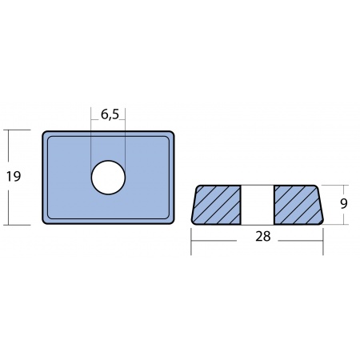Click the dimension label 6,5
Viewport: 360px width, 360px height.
[110, 114]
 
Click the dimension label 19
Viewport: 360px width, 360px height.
[14, 177]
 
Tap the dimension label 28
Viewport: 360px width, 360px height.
[263, 236]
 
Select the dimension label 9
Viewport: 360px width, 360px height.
[344, 204]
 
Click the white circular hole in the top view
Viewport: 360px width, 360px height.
[108, 178]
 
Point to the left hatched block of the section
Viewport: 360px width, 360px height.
[216, 205]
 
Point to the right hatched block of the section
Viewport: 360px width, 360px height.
[298, 205]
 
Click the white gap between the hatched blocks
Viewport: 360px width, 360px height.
[258, 205]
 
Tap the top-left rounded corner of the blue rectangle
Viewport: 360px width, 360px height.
[45, 134]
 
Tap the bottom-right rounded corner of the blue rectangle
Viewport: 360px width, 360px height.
[172, 222]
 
